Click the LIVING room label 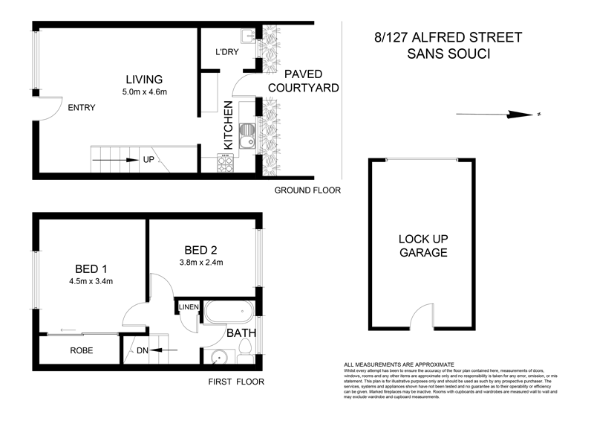point(143,80)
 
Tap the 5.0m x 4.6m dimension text point(143,92)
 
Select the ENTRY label point(81,108)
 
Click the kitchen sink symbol point(249,138)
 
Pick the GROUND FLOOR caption point(307,190)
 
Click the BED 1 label point(92,268)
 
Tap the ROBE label point(81,350)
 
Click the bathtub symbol point(229,312)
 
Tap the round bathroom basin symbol point(218,357)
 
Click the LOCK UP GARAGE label point(423,245)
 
